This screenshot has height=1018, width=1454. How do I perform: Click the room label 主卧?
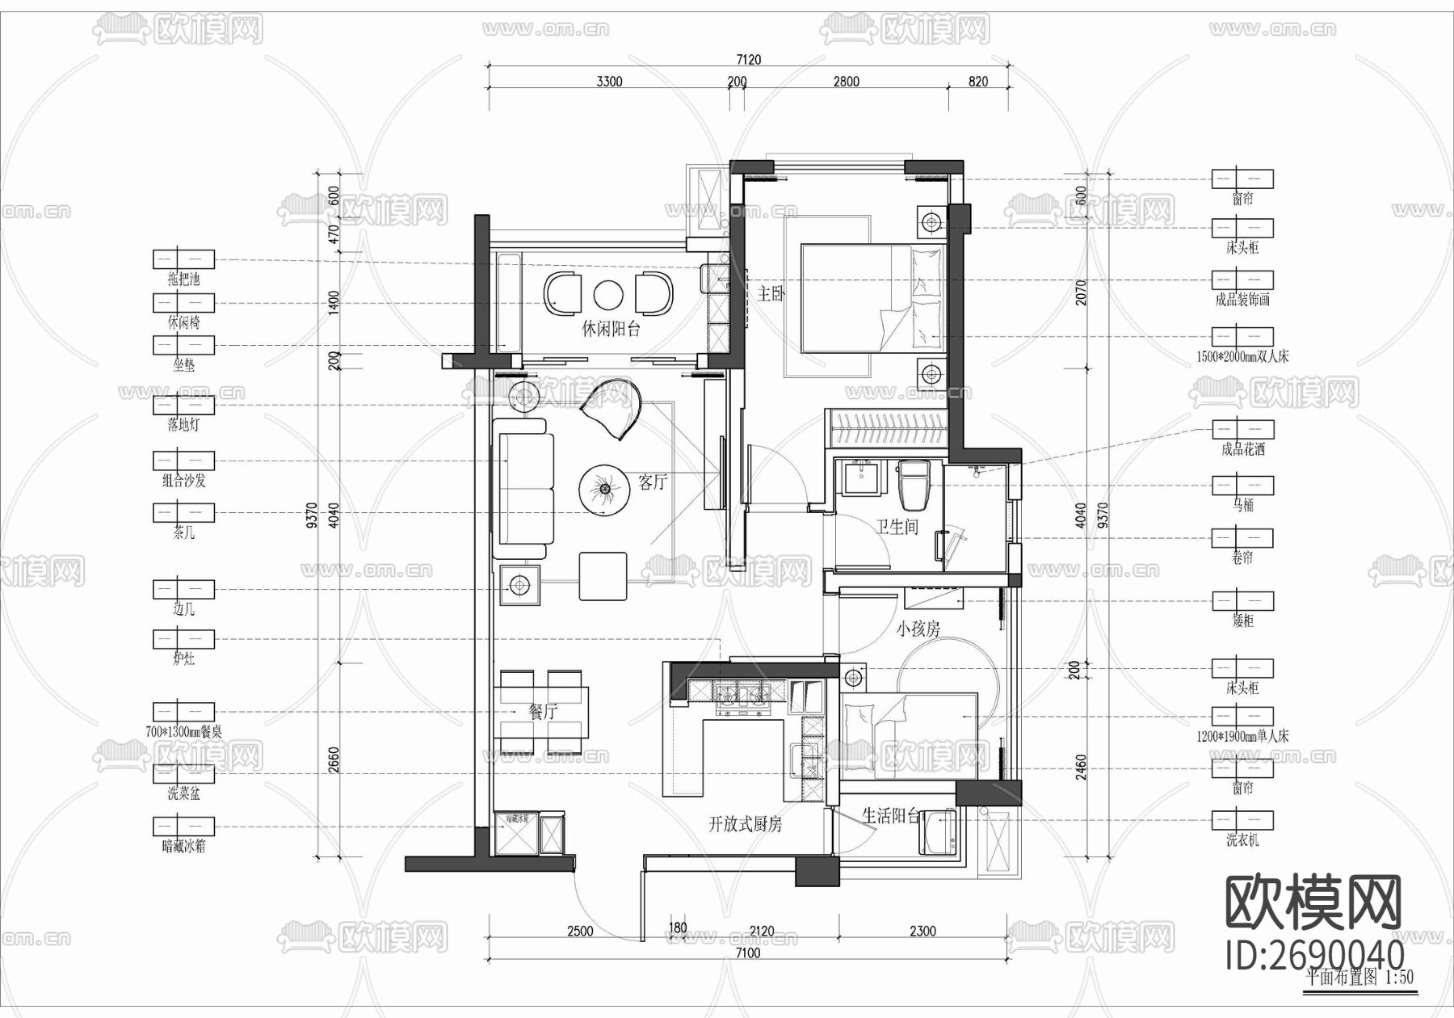771,292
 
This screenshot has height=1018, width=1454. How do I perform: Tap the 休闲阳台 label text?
611,329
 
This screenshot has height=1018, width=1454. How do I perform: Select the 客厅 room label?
653,482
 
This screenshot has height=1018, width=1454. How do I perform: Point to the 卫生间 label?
897,527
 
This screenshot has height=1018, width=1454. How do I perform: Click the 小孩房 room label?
918,629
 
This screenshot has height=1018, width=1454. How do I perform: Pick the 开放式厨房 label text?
745,825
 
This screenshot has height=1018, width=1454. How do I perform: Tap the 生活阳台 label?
891,816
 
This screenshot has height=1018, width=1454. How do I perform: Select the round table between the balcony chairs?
607,295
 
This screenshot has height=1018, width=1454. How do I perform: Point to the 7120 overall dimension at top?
748,60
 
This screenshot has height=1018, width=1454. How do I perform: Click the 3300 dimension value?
609,82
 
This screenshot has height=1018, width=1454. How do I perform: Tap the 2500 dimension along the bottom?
580,931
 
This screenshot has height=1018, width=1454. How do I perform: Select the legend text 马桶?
1242,505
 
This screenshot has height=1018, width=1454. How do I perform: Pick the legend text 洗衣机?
1242,840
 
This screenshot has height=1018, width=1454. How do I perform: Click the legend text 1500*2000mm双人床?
1242,356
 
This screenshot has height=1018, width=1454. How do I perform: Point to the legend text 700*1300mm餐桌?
183,732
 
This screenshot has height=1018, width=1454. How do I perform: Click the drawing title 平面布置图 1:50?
1359,978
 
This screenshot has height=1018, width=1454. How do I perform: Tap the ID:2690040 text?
1314,954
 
